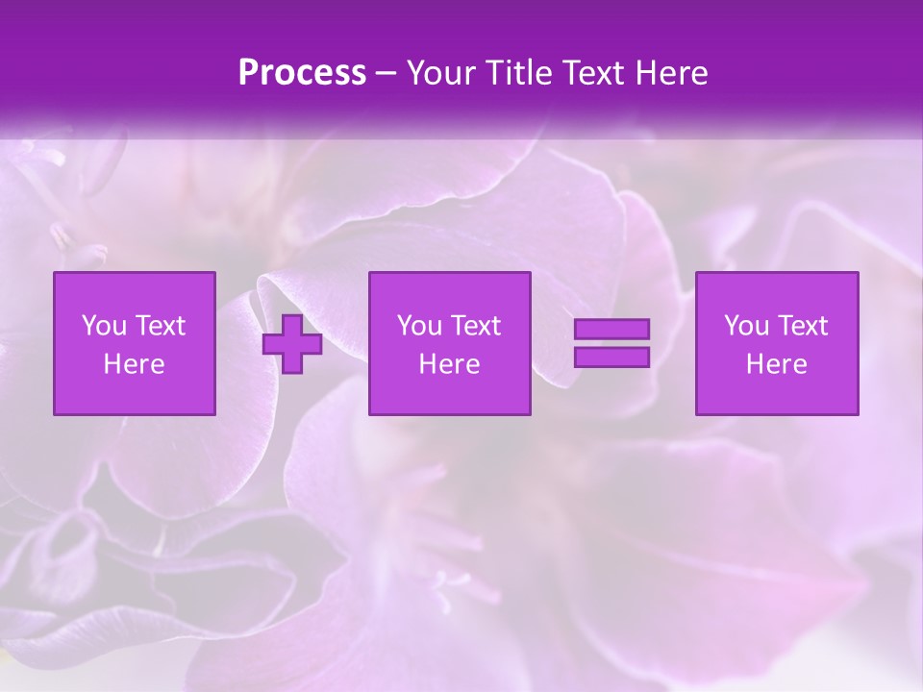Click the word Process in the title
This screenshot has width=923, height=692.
click(x=302, y=73)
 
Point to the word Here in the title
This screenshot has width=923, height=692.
click(x=672, y=73)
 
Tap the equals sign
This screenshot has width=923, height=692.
click(x=611, y=343)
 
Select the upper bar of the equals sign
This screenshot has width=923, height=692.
click(x=611, y=329)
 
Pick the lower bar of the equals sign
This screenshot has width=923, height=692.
click(x=611, y=358)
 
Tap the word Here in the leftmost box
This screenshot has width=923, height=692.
click(x=135, y=364)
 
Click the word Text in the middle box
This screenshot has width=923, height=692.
click(x=476, y=326)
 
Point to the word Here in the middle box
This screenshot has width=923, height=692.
click(x=449, y=364)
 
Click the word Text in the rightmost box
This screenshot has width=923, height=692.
click(x=804, y=326)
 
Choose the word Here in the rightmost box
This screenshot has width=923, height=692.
click(x=777, y=364)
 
